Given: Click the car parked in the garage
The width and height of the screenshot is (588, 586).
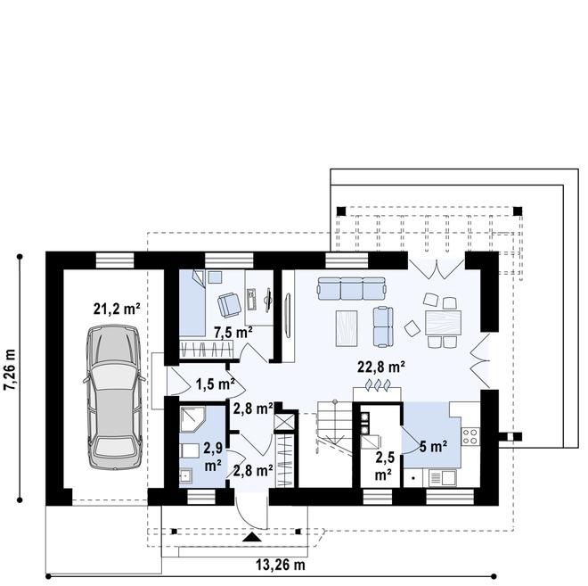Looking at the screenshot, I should (114, 396).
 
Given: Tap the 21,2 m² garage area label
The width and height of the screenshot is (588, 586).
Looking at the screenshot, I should (117, 310).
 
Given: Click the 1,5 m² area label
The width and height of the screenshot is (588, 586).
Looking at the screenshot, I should (214, 384).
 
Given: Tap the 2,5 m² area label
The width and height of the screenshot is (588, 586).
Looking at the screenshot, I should (384, 465).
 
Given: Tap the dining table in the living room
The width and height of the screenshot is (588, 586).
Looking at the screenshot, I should (441, 320).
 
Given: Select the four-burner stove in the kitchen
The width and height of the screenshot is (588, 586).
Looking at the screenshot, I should (471, 436).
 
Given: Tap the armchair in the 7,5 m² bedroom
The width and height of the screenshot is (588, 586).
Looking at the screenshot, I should (229, 304).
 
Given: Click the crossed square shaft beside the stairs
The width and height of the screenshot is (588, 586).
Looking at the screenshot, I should (285, 420).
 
